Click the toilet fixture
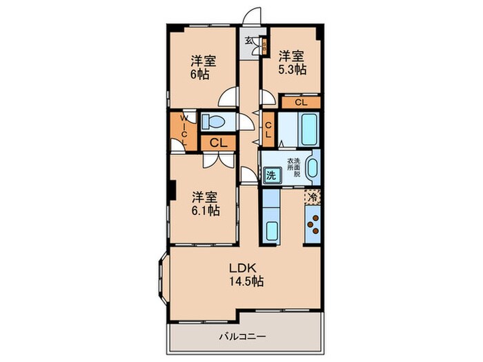[215, 123]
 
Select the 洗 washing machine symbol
[271, 175]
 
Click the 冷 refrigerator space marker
[312, 197]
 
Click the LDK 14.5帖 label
[246, 275]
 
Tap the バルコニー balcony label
[240, 336]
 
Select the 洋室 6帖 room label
[201, 66]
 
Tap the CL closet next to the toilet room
[217, 143]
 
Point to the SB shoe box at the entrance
[264, 46]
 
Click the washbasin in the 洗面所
[311, 168]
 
